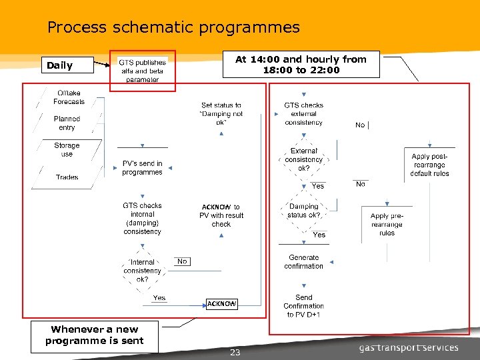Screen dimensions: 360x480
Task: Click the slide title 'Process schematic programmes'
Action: [x=173, y=27]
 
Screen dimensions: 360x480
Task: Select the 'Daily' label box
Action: [x=67, y=65]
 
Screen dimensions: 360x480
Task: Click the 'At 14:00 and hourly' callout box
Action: [x=301, y=65]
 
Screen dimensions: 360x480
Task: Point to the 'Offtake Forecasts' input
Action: [x=69, y=97]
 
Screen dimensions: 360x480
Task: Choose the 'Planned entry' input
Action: [x=67, y=123]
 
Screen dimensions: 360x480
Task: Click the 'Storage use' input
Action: [x=67, y=150]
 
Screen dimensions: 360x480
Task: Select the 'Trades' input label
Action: [x=67, y=177]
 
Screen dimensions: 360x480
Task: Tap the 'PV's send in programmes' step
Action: [x=142, y=168]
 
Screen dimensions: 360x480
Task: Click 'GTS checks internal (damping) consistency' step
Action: [x=142, y=219]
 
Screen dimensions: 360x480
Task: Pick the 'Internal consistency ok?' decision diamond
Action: [x=142, y=271]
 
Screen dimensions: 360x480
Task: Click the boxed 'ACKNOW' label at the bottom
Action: [x=221, y=304]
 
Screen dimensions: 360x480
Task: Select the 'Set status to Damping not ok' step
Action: [x=221, y=114]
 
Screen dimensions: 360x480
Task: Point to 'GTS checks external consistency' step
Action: [x=303, y=114]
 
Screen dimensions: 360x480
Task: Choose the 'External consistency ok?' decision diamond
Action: [x=303, y=160]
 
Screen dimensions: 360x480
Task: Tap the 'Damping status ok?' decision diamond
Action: [x=303, y=211]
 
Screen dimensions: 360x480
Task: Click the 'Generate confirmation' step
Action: [x=303, y=262]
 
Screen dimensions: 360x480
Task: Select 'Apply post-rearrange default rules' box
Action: [x=430, y=165]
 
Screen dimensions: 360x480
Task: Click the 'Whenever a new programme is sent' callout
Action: [x=95, y=335]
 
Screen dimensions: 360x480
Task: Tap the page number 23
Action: [x=235, y=353]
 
